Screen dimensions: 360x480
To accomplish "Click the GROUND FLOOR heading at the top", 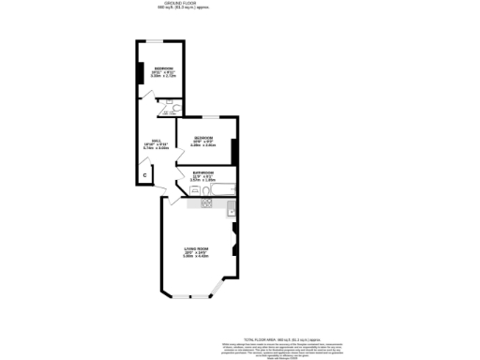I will (x=184, y=4).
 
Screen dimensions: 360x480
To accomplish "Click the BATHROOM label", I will (x=203, y=173).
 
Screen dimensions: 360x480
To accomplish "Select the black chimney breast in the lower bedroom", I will (x=235, y=150).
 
